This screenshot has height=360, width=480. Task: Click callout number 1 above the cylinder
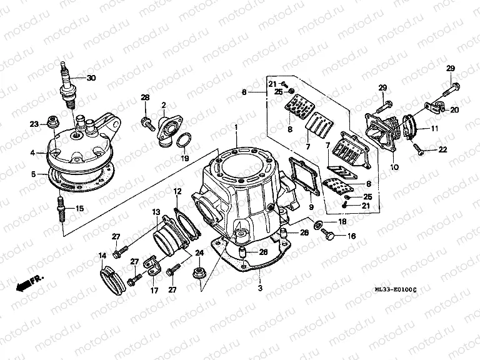(236, 127)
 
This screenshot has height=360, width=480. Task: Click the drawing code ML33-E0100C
(396, 289)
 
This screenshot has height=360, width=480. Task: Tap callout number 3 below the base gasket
(259, 289)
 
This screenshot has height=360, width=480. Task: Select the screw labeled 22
(418, 148)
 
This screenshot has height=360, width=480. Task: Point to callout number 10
(394, 167)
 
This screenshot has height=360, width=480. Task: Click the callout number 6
(245, 92)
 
